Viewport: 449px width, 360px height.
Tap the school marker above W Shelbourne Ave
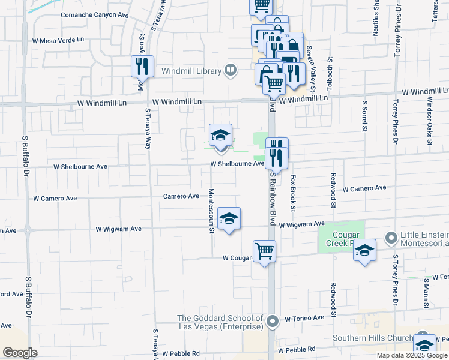[220, 135]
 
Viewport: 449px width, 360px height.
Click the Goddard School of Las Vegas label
[220, 322]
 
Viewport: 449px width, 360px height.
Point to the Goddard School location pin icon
[273, 322]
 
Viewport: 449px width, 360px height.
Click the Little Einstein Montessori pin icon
[391, 238]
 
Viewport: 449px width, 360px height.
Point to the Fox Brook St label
[293, 193]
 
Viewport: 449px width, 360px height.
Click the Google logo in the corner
[20, 353]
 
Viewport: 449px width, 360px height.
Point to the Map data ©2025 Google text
[412, 355]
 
